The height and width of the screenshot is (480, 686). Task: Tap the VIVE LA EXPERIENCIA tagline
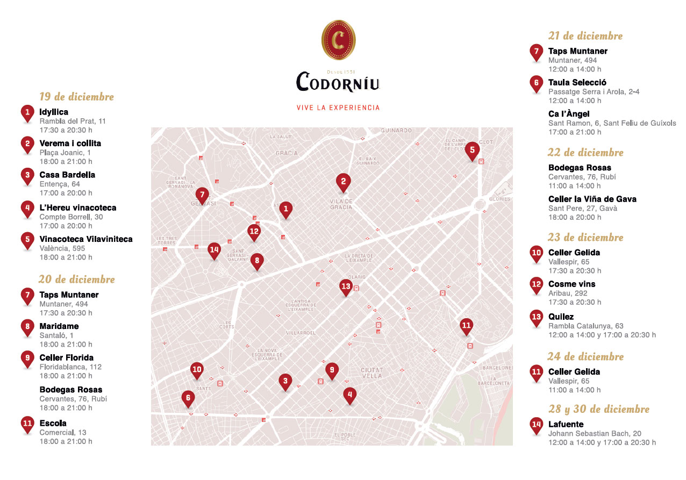click(338, 108)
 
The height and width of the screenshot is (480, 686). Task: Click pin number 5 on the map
click(471, 151)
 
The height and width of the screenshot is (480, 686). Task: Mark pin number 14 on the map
click(215, 250)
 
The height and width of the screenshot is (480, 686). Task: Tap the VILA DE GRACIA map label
click(341, 204)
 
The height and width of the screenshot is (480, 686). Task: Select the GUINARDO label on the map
click(396, 131)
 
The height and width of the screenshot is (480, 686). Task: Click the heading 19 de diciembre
click(76, 97)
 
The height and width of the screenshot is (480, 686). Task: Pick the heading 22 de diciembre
click(585, 153)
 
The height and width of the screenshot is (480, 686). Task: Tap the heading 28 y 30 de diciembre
click(598, 409)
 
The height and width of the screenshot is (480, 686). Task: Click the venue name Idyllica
click(54, 112)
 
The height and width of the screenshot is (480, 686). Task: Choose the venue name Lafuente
click(566, 424)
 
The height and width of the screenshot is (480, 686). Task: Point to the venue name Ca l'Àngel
click(569, 114)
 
